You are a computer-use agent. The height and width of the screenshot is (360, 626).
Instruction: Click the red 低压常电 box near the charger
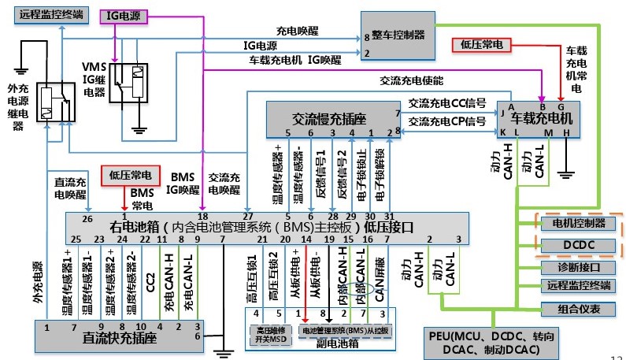(x=480, y=44)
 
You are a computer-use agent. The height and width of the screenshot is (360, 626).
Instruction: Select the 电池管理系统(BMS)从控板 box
(x=346, y=331)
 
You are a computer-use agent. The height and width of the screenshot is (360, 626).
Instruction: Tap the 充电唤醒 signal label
(x=297, y=32)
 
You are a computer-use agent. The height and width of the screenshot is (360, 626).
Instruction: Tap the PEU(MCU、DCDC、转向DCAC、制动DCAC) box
(x=480, y=342)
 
